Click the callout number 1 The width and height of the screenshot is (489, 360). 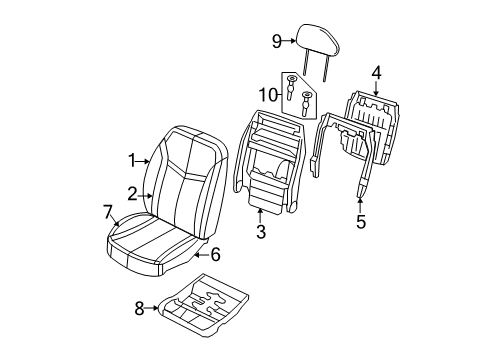[132, 158]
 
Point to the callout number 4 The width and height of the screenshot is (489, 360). [376, 71]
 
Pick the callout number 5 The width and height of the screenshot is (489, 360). [360, 221]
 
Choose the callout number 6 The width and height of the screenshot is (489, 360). [215, 254]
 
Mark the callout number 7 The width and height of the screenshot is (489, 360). [107, 211]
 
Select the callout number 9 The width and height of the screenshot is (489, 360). [277, 41]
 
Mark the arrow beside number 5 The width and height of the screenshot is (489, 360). [360, 203]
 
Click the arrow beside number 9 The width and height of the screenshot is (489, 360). [293, 41]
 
